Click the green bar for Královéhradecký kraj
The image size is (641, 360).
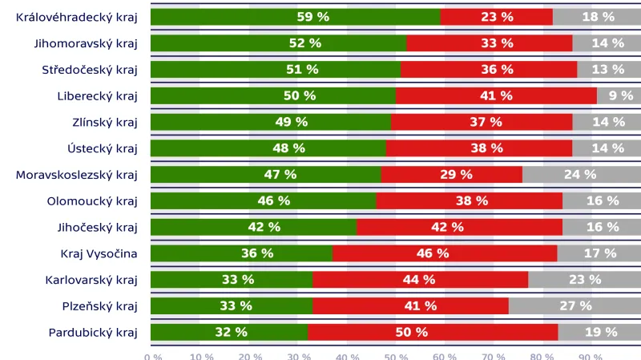click(240, 17)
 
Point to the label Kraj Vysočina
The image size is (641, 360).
click(99, 253)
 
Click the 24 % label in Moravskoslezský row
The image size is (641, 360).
click(580, 174)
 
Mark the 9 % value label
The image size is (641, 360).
click(621, 95)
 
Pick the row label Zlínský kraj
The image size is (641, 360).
click(105, 122)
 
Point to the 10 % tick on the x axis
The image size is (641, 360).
click(201, 356)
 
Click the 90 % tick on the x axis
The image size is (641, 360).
click(591, 356)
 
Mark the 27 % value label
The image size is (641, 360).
click(575, 305)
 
